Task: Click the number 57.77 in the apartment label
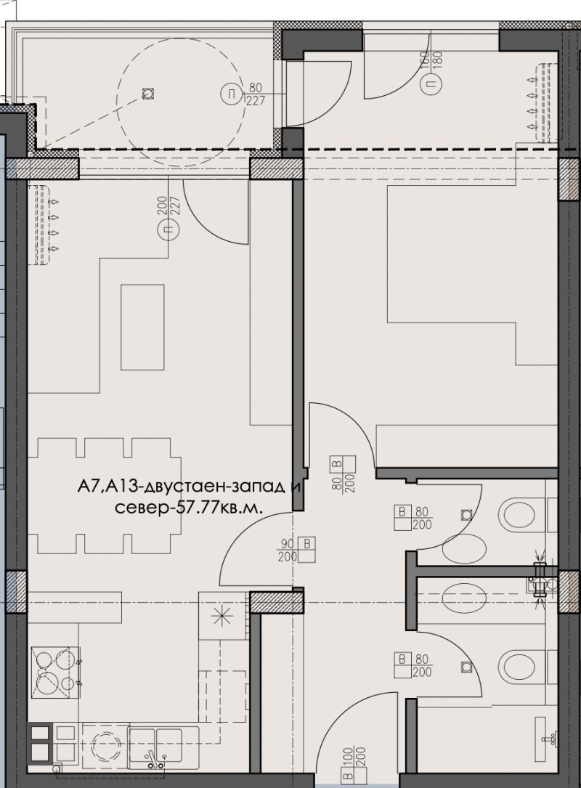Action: coord(198,506)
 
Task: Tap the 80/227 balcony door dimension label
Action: coord(255,94)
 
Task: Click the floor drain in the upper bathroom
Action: coord(465,516)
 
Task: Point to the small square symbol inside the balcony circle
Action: coord(148,94)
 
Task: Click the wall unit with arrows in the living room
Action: coord(45,224)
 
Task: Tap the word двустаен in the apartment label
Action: coord(179,487)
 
